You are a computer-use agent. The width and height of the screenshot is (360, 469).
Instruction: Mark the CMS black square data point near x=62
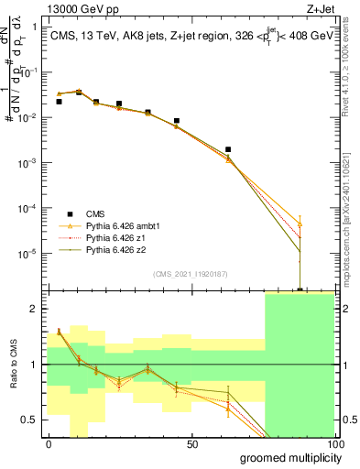click(228, 148)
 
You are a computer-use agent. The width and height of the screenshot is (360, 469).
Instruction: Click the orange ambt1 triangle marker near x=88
click(300, 224)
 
